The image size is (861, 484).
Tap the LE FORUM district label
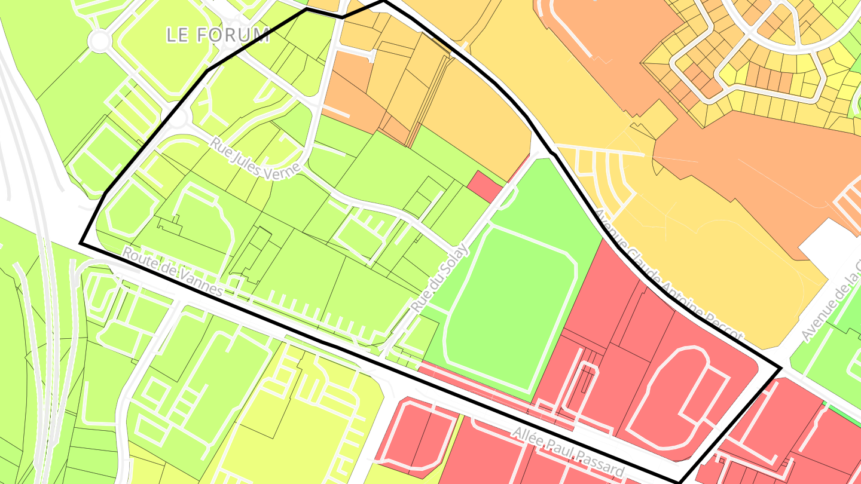click(x=218, y=35)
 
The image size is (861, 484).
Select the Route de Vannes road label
click(x=172, y=272)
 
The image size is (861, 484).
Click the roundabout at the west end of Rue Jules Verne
click(x=178, y=118)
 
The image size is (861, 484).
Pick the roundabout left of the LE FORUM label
click(x=99, y=41)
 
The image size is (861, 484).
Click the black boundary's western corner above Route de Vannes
click(x=81, y=243)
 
